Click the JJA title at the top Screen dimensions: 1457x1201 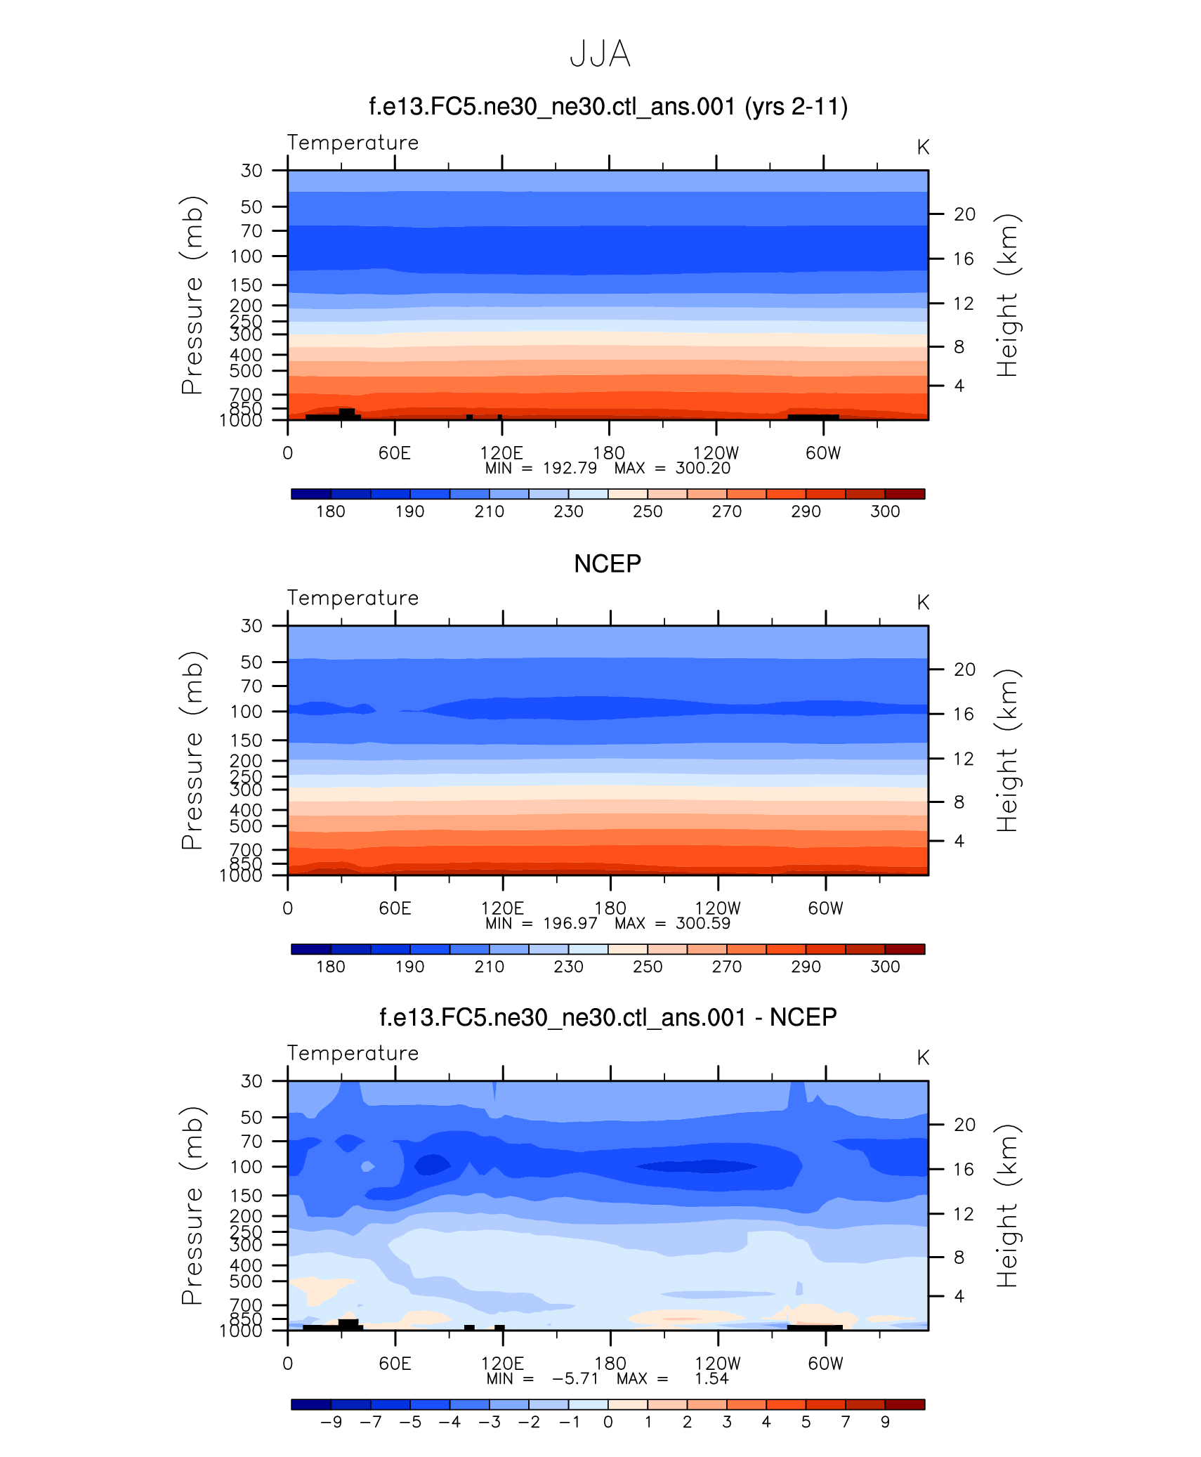[x=600, y=54]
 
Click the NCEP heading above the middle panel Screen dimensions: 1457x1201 [x=607, y=563]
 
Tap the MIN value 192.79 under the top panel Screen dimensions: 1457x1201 [x=570, y=469]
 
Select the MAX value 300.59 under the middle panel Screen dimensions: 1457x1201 [x=702, y=924]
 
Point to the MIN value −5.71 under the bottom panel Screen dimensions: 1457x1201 [x=575, y=1379]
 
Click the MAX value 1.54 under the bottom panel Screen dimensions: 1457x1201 [x=711, y=1379]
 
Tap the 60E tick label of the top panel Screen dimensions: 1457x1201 [x=394, y=453]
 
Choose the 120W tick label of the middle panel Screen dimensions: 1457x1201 [x=717, y=908]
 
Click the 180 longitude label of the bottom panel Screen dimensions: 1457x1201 [x=610, y=1364]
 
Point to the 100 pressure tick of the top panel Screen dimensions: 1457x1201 [x=246, y=256]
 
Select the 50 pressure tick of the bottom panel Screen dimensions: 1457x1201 [x=251, y=1117]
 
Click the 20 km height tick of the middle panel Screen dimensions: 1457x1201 [x=964, y=669]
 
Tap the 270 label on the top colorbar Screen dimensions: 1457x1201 [x=726, y=511]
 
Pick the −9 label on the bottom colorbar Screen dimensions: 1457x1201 [x=331, y=1422]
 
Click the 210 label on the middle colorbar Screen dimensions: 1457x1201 [x=489, y=967]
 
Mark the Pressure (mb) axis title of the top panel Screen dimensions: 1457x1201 [x=192, y=295]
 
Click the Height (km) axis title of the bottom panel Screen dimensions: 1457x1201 [x=1006, y=1206]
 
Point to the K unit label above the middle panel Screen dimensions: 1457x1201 [x=923, y=603]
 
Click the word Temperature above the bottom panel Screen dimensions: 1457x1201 [x=353, y=1053]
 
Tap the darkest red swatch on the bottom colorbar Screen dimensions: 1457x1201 [x=905, y=1404]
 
